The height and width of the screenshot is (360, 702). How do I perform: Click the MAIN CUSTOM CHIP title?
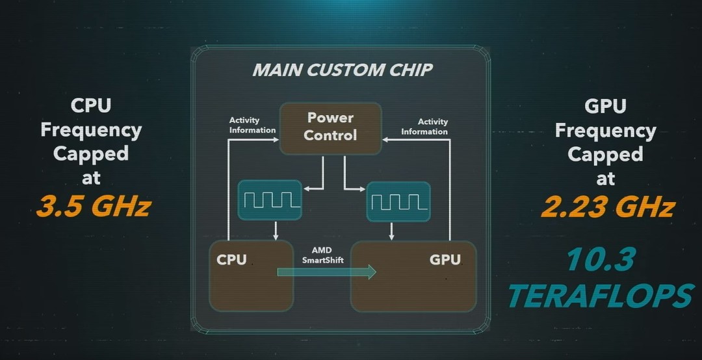pos(343,70)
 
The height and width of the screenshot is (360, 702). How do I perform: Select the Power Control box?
pos(330,129)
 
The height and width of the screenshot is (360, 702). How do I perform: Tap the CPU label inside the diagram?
pos(231,260)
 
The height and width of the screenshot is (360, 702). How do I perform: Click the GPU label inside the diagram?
pos(445,260)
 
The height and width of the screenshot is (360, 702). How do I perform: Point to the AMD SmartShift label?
pos(322,255)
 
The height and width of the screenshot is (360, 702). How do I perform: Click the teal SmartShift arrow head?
pos(371,272)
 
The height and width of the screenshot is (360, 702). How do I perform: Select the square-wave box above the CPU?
pos(270,200)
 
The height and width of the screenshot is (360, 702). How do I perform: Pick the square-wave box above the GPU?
pos(398,201)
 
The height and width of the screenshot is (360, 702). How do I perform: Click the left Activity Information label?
pos(252,125)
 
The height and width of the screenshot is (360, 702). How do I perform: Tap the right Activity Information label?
pos(424,126)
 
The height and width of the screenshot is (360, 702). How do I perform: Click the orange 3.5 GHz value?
pos(94,207)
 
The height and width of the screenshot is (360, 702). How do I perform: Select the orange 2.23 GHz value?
pos(608,207)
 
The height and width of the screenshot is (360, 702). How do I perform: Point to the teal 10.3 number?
pos(601,259)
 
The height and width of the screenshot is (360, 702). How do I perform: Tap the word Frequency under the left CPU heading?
pos(92,131)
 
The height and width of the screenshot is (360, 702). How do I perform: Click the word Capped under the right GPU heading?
pos(605,153)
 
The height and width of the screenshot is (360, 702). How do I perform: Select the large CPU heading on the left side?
pos(91,106)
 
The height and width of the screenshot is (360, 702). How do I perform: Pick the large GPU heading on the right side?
pos(605,106)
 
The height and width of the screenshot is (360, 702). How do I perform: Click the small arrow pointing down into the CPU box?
pos(276,230)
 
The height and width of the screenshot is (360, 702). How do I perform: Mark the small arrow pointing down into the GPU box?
pos(392,231)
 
